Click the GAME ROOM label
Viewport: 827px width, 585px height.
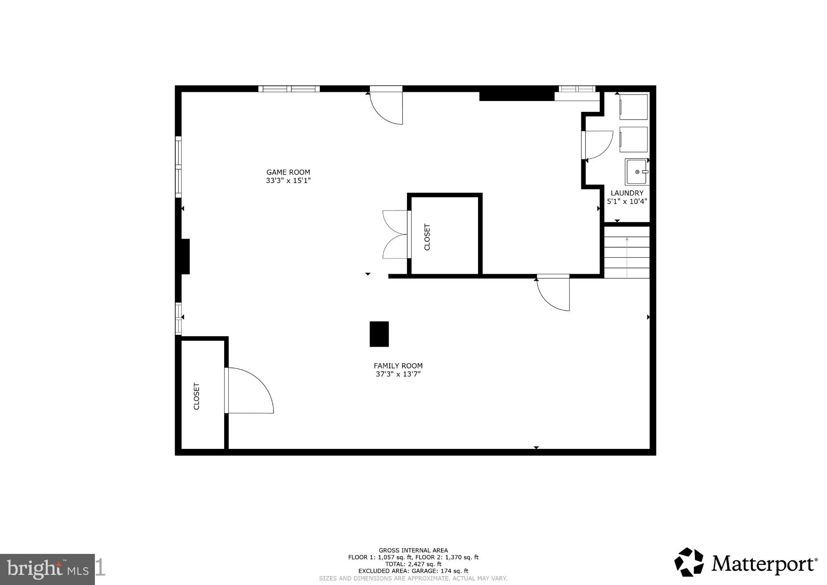pos(288,172)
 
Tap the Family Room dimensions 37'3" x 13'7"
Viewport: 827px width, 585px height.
pos(398,374)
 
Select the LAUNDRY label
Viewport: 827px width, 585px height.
pos(627,193)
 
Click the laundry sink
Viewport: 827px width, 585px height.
pos(637,172)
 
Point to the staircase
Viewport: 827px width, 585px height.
pos(627,252)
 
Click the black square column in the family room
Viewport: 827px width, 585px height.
pos(379,334)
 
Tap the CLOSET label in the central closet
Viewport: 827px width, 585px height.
pos(427,237)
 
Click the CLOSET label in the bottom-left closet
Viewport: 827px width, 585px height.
pos(197,396)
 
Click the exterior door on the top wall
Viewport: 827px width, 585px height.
pos(386,105)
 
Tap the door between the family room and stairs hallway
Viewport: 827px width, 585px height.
pos(553,292)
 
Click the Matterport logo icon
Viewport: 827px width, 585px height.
pos(689,562)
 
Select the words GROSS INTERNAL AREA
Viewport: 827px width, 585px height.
pos(413,550)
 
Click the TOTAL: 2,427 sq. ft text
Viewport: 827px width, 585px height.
pos(413,564)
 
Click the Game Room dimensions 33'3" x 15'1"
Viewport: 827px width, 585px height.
pos(288,181)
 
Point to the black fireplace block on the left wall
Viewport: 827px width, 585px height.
pos(185,257)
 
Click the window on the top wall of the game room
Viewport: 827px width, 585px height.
pos(289,89)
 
